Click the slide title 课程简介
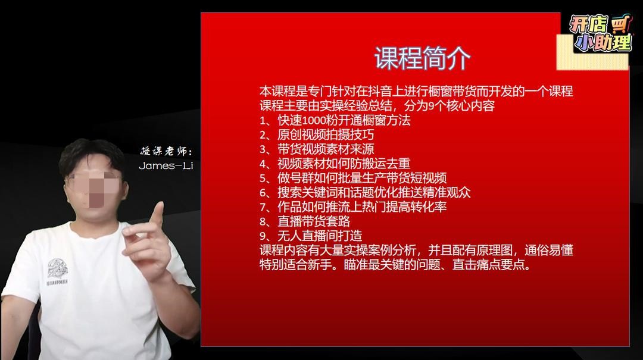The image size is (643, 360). pos(422,58)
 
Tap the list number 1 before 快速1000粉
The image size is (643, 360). pos(263,121)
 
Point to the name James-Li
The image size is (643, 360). pos(166,165)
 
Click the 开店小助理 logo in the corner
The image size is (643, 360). pos(600,34)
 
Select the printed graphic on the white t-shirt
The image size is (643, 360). pos(57,271)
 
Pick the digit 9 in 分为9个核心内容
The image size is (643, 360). pos(431,106)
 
